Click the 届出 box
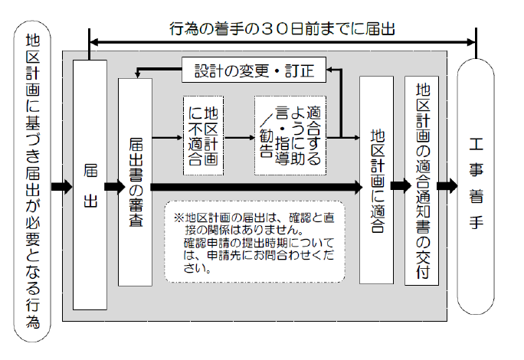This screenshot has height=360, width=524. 90,184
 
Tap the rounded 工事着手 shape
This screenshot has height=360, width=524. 477,184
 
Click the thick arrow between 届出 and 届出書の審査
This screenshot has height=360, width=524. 113,185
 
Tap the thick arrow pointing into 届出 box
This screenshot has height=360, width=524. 61,185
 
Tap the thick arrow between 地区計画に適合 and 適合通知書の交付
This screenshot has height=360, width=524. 399,185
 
